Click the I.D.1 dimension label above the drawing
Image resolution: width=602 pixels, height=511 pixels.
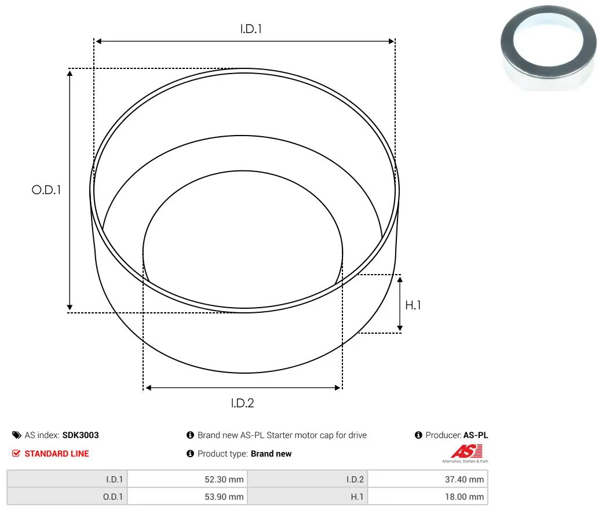(x=251, y=29)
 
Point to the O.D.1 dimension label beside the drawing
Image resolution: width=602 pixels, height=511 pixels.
(x=46, y=189)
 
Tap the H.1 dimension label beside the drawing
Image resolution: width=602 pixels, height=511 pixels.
(x=413, y=305)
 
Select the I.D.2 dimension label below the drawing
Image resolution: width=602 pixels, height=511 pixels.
(x=242, y=403)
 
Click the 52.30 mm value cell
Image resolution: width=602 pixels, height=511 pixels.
(x=188, y=479)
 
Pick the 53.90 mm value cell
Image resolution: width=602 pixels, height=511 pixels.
(x=188, y=497)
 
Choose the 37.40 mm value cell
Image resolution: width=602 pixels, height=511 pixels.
(x=428, y=479)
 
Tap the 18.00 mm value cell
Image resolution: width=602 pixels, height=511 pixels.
(x=428, y=497)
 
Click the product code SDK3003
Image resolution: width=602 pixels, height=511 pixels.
(x=81, y=435)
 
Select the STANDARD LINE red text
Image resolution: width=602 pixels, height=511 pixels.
(x=57, y=454)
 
